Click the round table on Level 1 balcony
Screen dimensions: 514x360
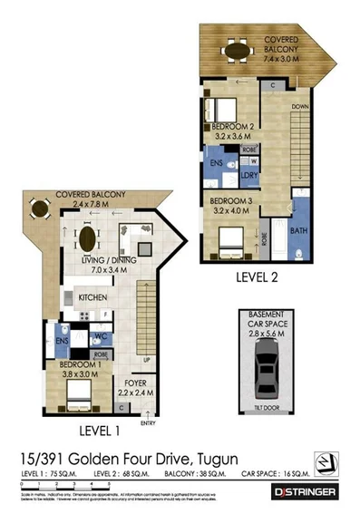coord(39,210)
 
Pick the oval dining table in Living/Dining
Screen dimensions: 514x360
coord(87,241)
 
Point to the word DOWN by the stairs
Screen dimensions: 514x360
coord(300,107)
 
